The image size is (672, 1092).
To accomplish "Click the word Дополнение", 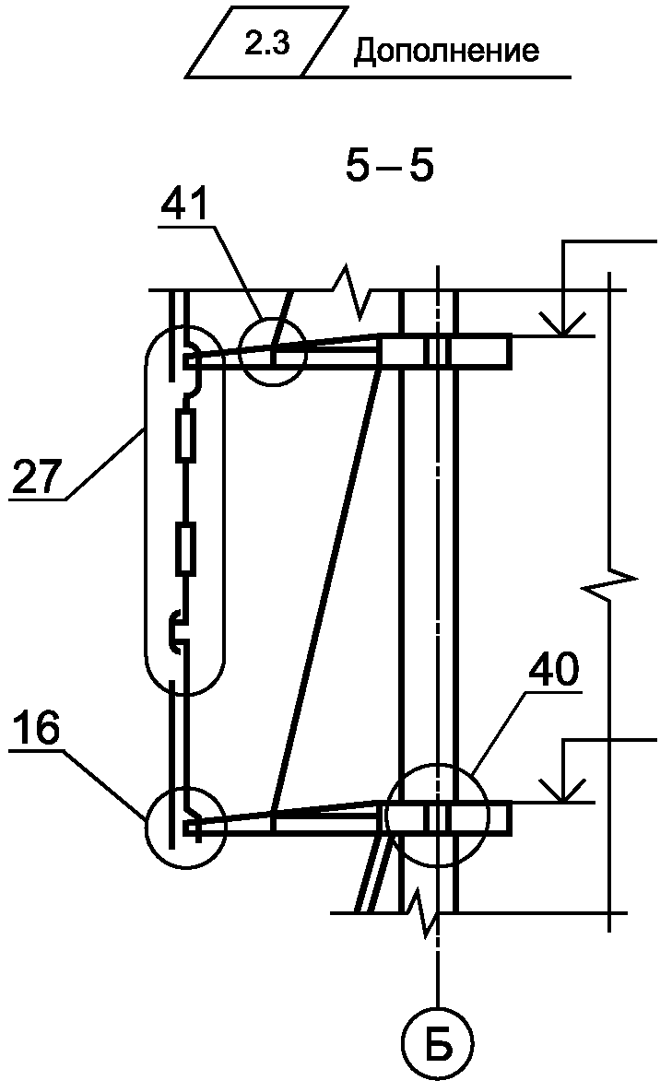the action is (x=446, y=51).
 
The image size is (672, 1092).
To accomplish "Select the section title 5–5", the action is (x=388, y=168).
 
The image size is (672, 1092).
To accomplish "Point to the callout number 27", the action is (x=37, y=478).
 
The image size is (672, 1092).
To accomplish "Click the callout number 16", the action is (x=37, y=729).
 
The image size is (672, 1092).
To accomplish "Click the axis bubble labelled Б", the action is (x=437, y=1044).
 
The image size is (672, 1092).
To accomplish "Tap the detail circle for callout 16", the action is (x=185, y=827).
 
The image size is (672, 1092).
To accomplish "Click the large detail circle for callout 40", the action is (x=434, y=816).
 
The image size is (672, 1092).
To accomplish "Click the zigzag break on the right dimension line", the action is (x=608, y=582).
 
